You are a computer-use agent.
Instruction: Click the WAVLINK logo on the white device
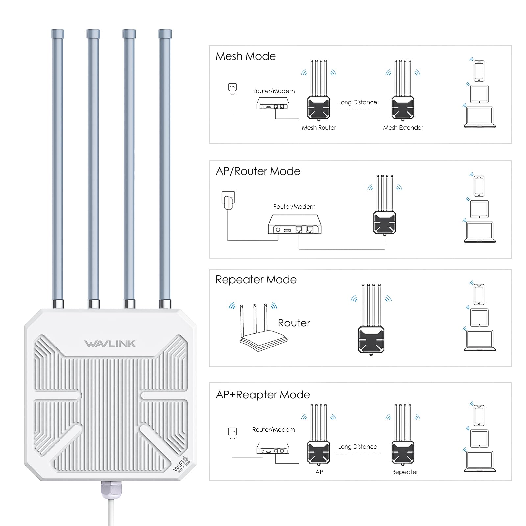click(110, 344)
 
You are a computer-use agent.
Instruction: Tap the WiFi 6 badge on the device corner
click(181, 464)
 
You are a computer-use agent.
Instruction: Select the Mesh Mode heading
click(246, 56)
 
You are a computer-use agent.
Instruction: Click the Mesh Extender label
click(403, 128)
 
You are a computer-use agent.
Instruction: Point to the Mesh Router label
click(319, 128)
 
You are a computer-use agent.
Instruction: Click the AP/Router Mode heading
click(258, 171)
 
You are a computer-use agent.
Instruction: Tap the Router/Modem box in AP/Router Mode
click(295, 225)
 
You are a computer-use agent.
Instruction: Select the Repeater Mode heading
click(256, 280)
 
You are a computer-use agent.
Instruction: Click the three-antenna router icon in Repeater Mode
click(260, 329)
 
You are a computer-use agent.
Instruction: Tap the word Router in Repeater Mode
click(294, 323)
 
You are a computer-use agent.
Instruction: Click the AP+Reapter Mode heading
click(263, 395)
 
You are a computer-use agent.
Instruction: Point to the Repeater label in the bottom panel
click(405, 472)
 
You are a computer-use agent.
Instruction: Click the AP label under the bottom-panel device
click(319, 472)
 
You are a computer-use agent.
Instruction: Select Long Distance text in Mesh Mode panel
click(357, 102)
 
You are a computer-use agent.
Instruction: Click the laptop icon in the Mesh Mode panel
click(480, 117)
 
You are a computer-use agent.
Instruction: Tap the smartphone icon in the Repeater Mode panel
click(479, 295)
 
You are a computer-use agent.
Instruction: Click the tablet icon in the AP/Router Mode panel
click(479, 209)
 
